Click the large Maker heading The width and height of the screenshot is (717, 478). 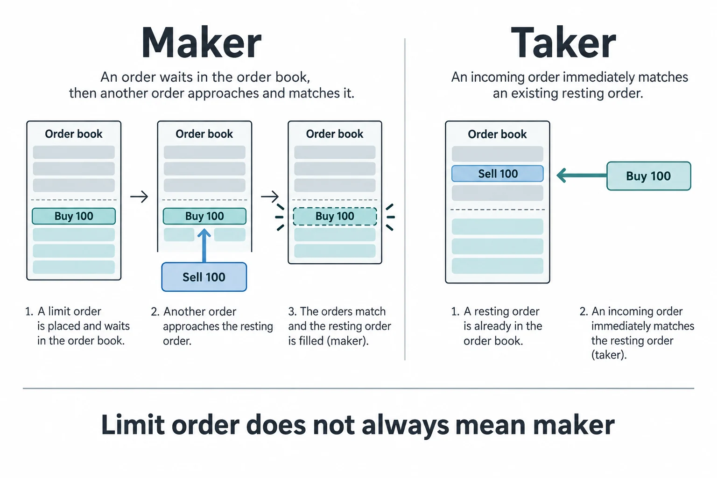[201, 42]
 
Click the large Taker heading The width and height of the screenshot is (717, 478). [563, 42]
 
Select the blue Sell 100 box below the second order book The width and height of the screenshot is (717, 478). [204, 277]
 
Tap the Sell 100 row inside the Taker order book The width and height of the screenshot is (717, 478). [498, 174]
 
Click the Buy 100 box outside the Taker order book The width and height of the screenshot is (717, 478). [648, 176]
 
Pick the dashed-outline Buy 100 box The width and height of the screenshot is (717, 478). [335, 217]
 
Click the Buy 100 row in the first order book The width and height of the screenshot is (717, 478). [74, 216]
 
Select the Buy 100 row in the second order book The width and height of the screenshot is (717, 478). [204, 216]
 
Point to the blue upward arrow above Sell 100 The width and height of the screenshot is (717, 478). [204, 245]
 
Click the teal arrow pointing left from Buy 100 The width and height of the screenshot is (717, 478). [582, 176]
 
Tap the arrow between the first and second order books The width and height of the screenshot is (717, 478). [139, 196]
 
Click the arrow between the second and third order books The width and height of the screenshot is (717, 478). [270, 196]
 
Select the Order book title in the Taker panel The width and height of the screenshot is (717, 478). [497, 134]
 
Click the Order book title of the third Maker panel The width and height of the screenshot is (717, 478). [335, 134]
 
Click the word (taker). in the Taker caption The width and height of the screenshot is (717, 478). [609, 355]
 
